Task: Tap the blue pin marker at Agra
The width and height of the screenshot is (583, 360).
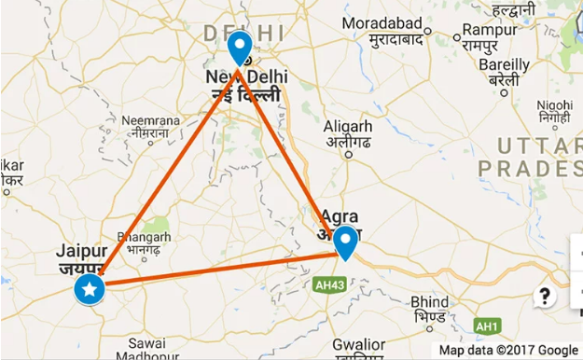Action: click(x=346, y=242)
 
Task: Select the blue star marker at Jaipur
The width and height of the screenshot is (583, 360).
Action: click(x=90, y=290)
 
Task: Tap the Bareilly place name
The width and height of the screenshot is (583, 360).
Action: click(x=504, y=64)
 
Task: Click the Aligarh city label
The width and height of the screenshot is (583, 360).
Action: click(x=348, y=126)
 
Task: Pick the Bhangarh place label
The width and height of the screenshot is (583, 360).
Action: click(x=146, y=236)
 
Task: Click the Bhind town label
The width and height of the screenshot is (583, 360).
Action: click(x=429, y=302)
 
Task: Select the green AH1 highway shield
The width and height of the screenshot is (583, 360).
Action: click(x=486, y=326)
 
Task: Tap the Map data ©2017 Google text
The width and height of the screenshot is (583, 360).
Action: click(x=509, y=351)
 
